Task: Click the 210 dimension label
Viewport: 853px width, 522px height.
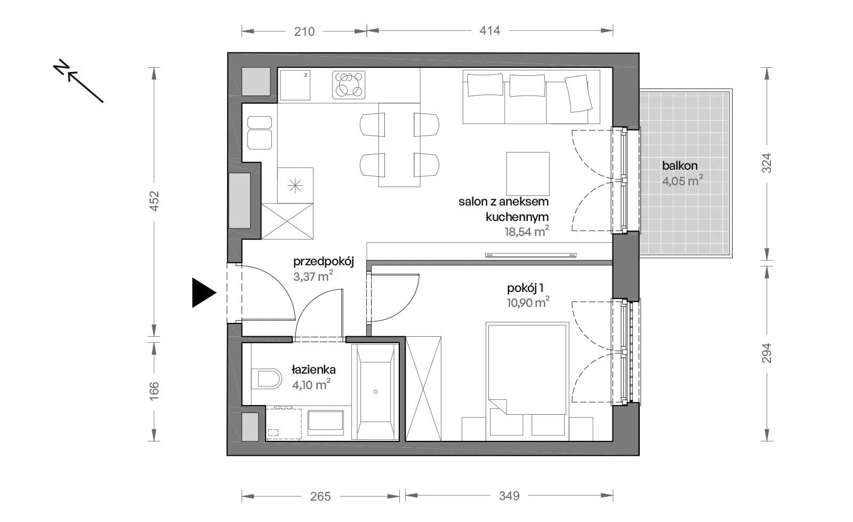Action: (304, 31)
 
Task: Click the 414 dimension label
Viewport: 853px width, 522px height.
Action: (489, 30)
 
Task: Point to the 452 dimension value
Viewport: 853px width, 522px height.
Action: (154, 201)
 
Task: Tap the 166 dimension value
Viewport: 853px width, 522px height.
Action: (154, 391)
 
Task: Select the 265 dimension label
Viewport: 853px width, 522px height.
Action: (320, 496)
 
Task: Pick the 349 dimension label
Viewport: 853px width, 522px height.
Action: (509, 496)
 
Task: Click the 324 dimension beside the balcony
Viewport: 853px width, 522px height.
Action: (767, 163)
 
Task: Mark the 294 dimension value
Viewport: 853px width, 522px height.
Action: (767, 353)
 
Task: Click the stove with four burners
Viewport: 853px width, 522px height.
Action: (349, 85)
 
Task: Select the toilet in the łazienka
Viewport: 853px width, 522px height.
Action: (267, 379)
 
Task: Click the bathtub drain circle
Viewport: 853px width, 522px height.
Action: (375, 392)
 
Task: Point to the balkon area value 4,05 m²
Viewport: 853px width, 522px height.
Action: (682, 181)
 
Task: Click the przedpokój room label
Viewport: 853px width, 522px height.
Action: (324, 262)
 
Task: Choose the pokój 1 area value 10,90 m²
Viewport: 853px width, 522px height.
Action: (528, 303)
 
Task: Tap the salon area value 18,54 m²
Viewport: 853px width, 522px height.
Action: (527, 232)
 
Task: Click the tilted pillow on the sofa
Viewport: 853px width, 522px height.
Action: (578, 93)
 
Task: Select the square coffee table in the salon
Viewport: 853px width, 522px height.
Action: (528, 174)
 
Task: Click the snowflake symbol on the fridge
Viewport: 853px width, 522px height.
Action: (295, 186)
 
